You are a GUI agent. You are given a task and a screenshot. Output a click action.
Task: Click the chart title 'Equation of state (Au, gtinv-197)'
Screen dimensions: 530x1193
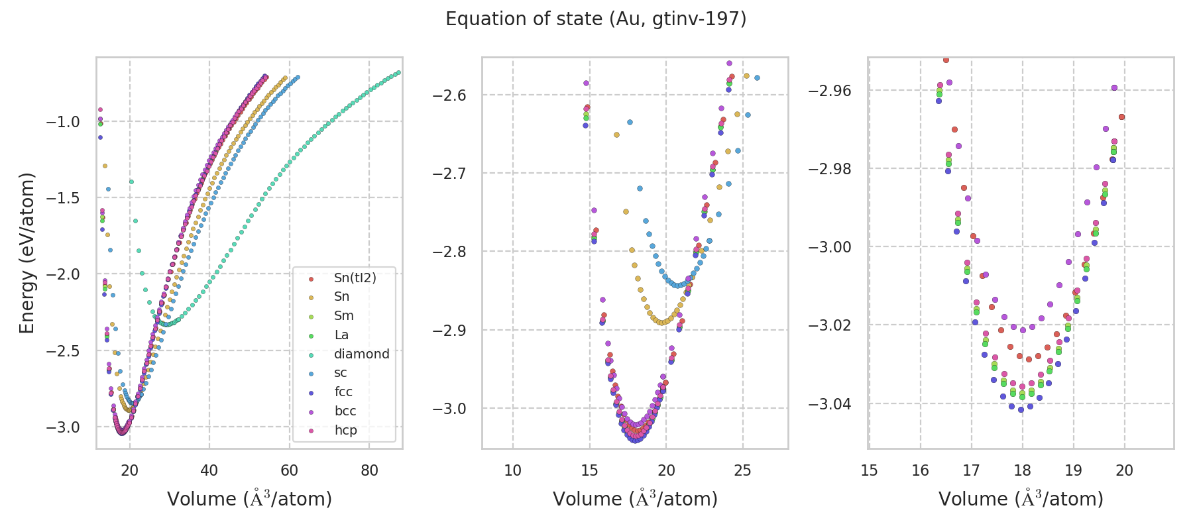[596, 19]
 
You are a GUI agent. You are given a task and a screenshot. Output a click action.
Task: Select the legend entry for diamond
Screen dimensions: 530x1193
[361, 354]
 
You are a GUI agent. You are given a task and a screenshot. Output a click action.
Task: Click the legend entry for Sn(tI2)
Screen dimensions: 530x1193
[355, 278]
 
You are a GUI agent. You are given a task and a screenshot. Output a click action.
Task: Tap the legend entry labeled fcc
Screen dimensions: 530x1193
[343, 392]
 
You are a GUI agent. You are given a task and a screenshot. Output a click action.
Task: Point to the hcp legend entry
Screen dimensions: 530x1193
[345, 430]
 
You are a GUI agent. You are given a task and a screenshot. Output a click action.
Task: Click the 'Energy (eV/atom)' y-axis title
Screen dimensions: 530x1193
[27, 252]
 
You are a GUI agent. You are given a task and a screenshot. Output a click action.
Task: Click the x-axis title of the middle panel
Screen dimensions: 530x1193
[635, 499]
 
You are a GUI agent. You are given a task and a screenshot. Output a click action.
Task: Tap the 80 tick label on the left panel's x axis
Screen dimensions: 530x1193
[369, 470]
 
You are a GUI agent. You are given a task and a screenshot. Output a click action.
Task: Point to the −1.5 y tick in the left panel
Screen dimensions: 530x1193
[63, 198]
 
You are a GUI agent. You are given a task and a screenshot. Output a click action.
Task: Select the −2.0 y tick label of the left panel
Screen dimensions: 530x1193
[63, 274]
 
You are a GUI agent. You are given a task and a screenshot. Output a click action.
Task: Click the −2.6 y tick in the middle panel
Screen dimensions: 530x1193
[449, 95]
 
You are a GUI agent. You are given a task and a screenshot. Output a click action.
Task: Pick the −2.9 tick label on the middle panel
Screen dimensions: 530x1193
[449, 331]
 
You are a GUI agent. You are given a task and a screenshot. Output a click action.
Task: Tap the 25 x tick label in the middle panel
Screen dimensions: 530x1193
[743, 470]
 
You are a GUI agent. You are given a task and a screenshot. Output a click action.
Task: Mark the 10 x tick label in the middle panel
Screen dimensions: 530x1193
[512, 470]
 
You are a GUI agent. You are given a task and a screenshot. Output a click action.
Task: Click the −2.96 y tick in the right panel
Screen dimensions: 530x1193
[829, 91]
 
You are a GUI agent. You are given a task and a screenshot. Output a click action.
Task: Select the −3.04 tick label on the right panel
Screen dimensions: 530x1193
[829, 403]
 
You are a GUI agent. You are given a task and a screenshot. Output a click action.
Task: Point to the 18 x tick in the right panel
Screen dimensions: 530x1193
[1022, 470]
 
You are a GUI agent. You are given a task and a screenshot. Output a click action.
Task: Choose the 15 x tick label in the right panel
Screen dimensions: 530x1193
[869, 470]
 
